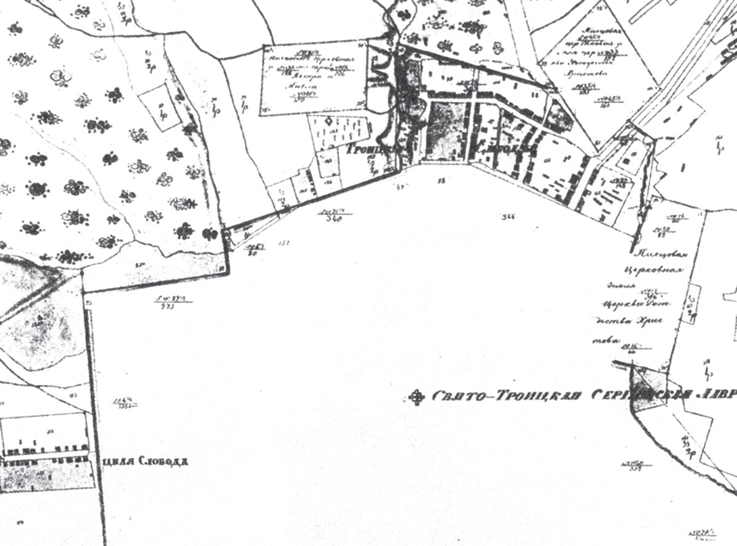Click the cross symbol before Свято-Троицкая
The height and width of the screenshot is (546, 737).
tap(419, 397)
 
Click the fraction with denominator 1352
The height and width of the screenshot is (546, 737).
tap(124, 404)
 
